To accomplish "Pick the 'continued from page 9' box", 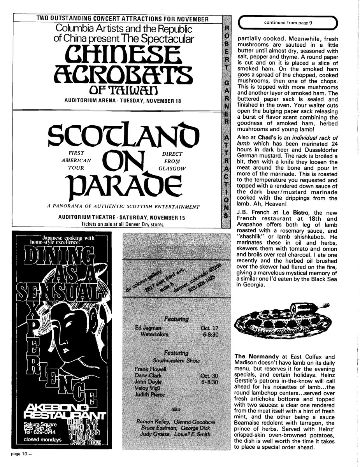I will pos(288,23).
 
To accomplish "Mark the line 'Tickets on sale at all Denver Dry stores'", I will pos(123,224).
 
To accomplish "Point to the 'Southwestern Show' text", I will pos(176,360).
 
